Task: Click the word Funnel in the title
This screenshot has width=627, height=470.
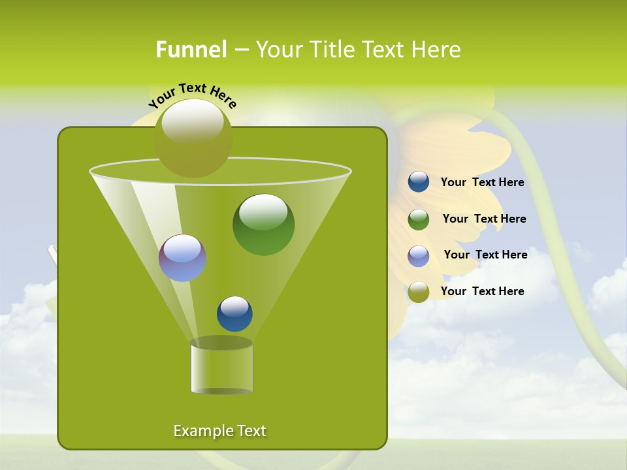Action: coord(191,49)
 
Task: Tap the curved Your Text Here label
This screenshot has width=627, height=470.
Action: coord(193,95)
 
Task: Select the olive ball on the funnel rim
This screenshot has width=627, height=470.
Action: coord(193,138)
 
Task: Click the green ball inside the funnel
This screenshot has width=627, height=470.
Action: coord(263,224)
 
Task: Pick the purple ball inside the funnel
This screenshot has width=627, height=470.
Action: coord(182,258)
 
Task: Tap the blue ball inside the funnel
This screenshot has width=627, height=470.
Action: coord(234,313)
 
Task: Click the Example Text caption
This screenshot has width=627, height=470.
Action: coord(220,431)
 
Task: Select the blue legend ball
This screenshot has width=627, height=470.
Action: coord(418,181)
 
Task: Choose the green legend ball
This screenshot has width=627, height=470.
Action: coord(418,219)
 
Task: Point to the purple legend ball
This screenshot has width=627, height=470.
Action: coord(418,255)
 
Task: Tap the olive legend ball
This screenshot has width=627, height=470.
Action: coord(418,292)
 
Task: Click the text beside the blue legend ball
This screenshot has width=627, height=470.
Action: coord(482,183)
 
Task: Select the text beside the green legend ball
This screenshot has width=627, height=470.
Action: coord(484,219)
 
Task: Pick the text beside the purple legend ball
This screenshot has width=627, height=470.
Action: coord(485,255)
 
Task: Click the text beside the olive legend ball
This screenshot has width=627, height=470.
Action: coord(482,291)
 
